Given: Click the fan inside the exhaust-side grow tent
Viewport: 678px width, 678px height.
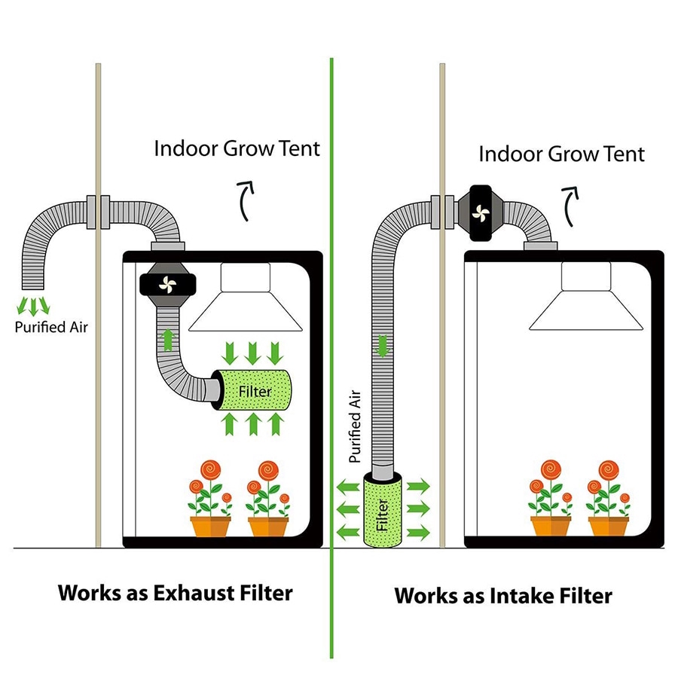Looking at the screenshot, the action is [x=168, y=285].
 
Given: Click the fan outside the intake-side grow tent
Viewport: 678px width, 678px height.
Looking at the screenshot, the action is [x=481, y=212].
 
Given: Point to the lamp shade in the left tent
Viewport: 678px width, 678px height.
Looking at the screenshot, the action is [x=245, y=298].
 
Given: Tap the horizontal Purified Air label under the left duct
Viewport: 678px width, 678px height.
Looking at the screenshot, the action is [x=51, y=328].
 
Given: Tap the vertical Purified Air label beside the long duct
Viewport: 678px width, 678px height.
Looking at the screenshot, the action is [x=355, y=426].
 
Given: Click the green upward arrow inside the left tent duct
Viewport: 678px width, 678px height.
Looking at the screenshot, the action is [x=168, y=340].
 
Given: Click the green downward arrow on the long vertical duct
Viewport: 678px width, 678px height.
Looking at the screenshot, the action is [x=382, y=346].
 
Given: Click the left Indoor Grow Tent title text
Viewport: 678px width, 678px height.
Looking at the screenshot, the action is [x=237, y=148].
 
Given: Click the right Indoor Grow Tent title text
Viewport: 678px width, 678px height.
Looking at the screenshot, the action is [x=561, y=154].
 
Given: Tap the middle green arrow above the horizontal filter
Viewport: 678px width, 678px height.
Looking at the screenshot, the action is [x=252, y=353].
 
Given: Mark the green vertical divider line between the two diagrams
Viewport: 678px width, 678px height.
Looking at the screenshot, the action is [x=331, y=358].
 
